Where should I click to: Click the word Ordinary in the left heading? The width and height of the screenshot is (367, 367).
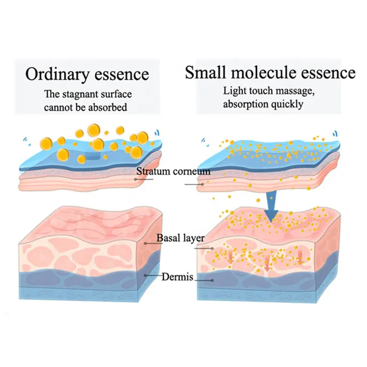50,74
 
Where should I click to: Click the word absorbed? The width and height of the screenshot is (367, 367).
108,107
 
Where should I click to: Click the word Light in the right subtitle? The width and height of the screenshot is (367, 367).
232,90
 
